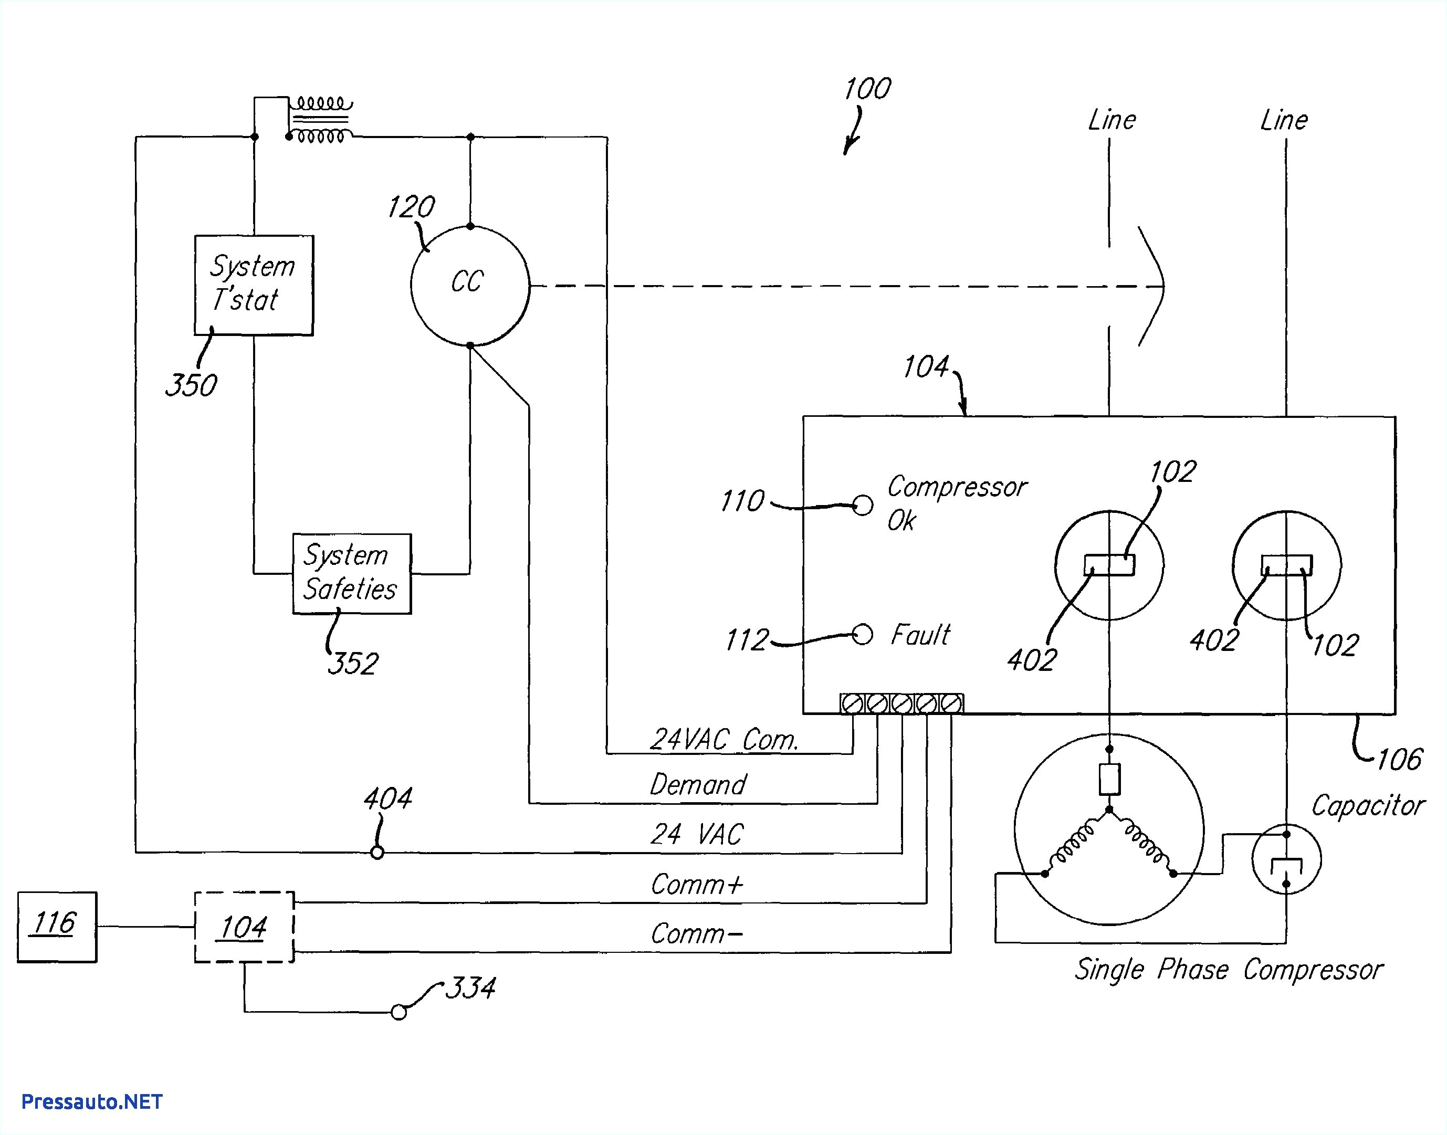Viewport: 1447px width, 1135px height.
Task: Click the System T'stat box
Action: [253, 285]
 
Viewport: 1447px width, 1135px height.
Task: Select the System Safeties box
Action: [352, 573]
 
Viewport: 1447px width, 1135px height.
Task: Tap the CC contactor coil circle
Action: [470, 285]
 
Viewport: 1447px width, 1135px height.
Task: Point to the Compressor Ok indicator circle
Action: [862, 505]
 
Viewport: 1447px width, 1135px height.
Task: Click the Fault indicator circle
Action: [862, 635]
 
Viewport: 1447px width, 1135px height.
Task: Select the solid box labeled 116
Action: [57, 927]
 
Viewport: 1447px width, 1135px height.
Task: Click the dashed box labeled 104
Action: [244, 927]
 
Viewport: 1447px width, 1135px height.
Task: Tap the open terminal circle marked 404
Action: [377, 853]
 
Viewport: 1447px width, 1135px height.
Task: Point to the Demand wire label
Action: [698, 785]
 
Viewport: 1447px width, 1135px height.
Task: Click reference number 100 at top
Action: [867, 88]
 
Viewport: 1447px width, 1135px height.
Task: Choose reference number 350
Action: [191, 385]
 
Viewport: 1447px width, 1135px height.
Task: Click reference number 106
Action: [1399, 759]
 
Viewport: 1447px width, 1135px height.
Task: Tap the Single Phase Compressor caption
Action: [1228, 970]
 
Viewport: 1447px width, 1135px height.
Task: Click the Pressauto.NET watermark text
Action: [92, 1102]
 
